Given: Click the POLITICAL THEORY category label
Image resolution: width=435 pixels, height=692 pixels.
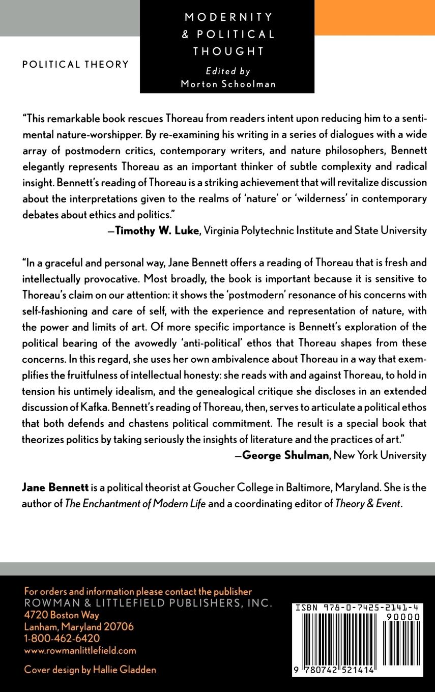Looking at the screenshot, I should [75, 65].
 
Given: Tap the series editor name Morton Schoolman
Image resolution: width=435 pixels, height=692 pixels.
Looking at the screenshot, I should [228, 84].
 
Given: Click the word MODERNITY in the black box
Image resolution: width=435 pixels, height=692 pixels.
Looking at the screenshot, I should [228, 17].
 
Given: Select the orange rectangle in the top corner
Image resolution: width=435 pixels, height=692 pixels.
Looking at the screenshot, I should [374, 18].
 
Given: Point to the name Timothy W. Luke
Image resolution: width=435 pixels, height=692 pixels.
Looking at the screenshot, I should [156, 230].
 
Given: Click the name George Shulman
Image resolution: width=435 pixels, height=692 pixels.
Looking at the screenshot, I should [285, 455].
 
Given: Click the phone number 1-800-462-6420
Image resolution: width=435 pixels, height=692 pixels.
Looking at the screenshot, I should [62, 638].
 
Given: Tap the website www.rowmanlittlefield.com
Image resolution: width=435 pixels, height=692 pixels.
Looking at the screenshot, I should [80, 650].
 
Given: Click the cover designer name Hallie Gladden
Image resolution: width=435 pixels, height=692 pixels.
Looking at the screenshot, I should [124, 670].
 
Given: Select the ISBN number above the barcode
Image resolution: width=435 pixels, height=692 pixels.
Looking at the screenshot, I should [356, 607].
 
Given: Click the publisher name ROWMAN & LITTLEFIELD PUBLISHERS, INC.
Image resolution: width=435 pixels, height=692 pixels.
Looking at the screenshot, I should [148, 603].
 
